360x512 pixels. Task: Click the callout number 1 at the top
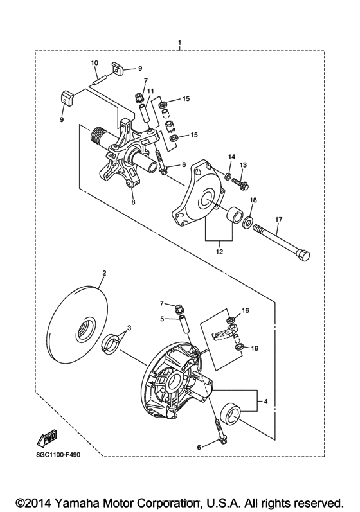click(x=179, y=44)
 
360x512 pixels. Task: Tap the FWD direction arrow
click(x=46, y=439)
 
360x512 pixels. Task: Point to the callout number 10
click(x=94, y=62)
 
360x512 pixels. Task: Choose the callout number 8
click(x=133, y=202)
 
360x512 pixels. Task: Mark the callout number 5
click(x=163, y=317)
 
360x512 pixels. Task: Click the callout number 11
click(x=151, y=92)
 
